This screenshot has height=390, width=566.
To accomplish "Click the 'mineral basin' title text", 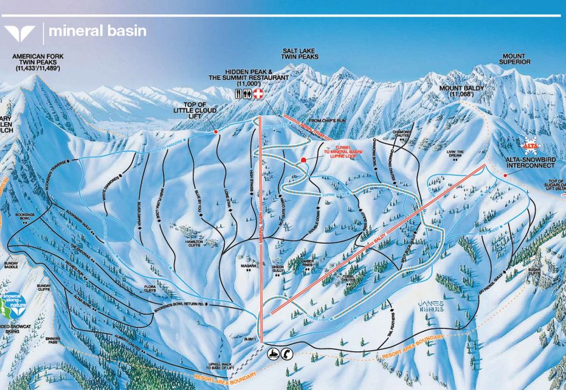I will pyautogui.click(x=97, y=31).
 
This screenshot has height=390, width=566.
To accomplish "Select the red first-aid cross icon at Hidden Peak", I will pyautogui.click(x=259, y=94).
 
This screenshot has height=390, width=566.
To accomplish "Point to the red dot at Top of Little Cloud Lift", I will pyautogui.click(x=216, y=131).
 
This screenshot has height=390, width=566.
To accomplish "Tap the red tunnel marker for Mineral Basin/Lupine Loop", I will pyautogui.click(x=302, y=160).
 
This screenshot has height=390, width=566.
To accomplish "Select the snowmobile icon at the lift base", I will pyautogui.click(x=274, y=354).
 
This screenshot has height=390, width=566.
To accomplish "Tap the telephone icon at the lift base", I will pyautogui.click(x=287, y=354).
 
